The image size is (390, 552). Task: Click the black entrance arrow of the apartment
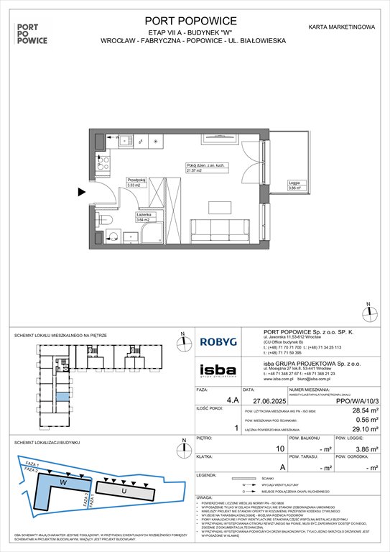pos(82,191)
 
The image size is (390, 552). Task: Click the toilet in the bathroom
pos(105,221)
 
